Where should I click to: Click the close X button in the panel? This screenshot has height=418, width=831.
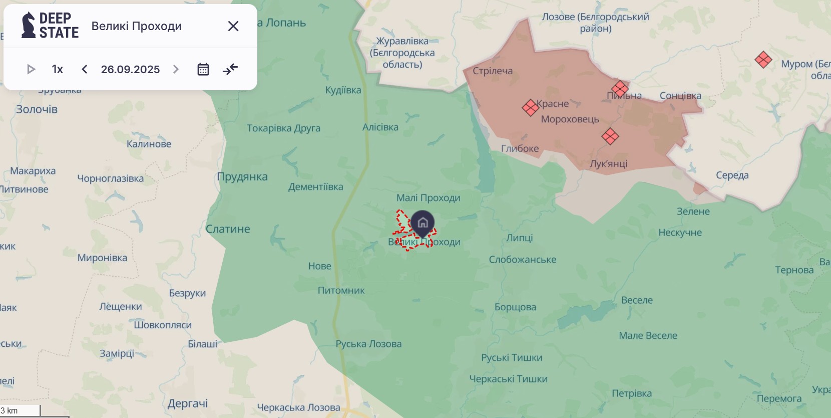[233, 26]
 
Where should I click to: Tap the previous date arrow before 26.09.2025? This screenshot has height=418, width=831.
[85, 69]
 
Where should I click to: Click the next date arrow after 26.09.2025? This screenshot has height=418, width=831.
[176, 69]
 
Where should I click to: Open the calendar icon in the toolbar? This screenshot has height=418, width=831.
[203, 69]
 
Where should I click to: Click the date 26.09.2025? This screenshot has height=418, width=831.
[130, 69]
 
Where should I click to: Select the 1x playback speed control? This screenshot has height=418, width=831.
[58, 69]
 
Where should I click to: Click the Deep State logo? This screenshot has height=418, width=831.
[50, 26]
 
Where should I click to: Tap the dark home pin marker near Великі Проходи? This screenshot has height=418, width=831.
[423, 223]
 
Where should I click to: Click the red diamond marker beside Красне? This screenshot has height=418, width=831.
[530, 107]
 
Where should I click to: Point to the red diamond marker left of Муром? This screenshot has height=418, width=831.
[763, 60]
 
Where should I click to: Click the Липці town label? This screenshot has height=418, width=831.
[519, 238]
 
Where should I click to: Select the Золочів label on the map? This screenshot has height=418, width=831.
[37, 109]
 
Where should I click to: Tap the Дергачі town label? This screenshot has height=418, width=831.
[188, 403]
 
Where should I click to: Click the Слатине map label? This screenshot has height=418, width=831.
[228, 229]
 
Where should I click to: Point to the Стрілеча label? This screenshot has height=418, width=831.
[493, 71]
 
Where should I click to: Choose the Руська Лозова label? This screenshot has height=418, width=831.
[368, 344]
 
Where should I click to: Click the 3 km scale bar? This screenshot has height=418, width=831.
[20, 411]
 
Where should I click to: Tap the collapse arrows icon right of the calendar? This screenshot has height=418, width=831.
[230, 69]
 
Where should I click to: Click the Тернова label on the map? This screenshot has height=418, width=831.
[794, 270]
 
